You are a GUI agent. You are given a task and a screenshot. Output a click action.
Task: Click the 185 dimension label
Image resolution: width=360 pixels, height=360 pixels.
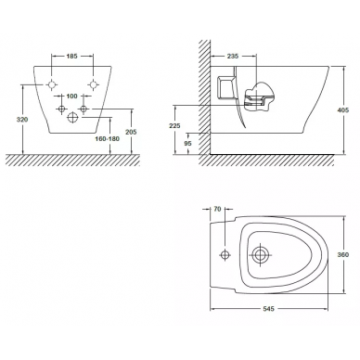[71, 56]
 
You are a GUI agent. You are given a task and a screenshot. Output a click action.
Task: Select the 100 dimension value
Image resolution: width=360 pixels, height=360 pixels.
[71, 96]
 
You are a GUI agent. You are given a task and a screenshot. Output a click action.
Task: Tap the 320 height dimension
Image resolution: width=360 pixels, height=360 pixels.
[22, 120]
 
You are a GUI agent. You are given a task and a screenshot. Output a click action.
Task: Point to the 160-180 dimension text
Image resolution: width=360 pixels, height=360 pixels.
[107, 139]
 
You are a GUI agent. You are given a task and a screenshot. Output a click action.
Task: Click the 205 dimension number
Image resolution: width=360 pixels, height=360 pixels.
[131, 132]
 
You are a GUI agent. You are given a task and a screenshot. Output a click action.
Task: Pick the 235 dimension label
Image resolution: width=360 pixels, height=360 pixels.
[233, 56]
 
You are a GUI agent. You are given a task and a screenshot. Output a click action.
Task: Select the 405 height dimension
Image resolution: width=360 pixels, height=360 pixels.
[343, 109]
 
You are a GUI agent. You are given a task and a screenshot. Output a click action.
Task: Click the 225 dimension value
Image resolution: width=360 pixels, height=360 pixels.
[175, 126]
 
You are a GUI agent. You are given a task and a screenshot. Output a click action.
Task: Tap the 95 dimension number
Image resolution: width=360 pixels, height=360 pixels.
[188, 143]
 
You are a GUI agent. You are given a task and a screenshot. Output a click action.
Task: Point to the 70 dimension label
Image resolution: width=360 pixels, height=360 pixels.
[217, 209]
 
